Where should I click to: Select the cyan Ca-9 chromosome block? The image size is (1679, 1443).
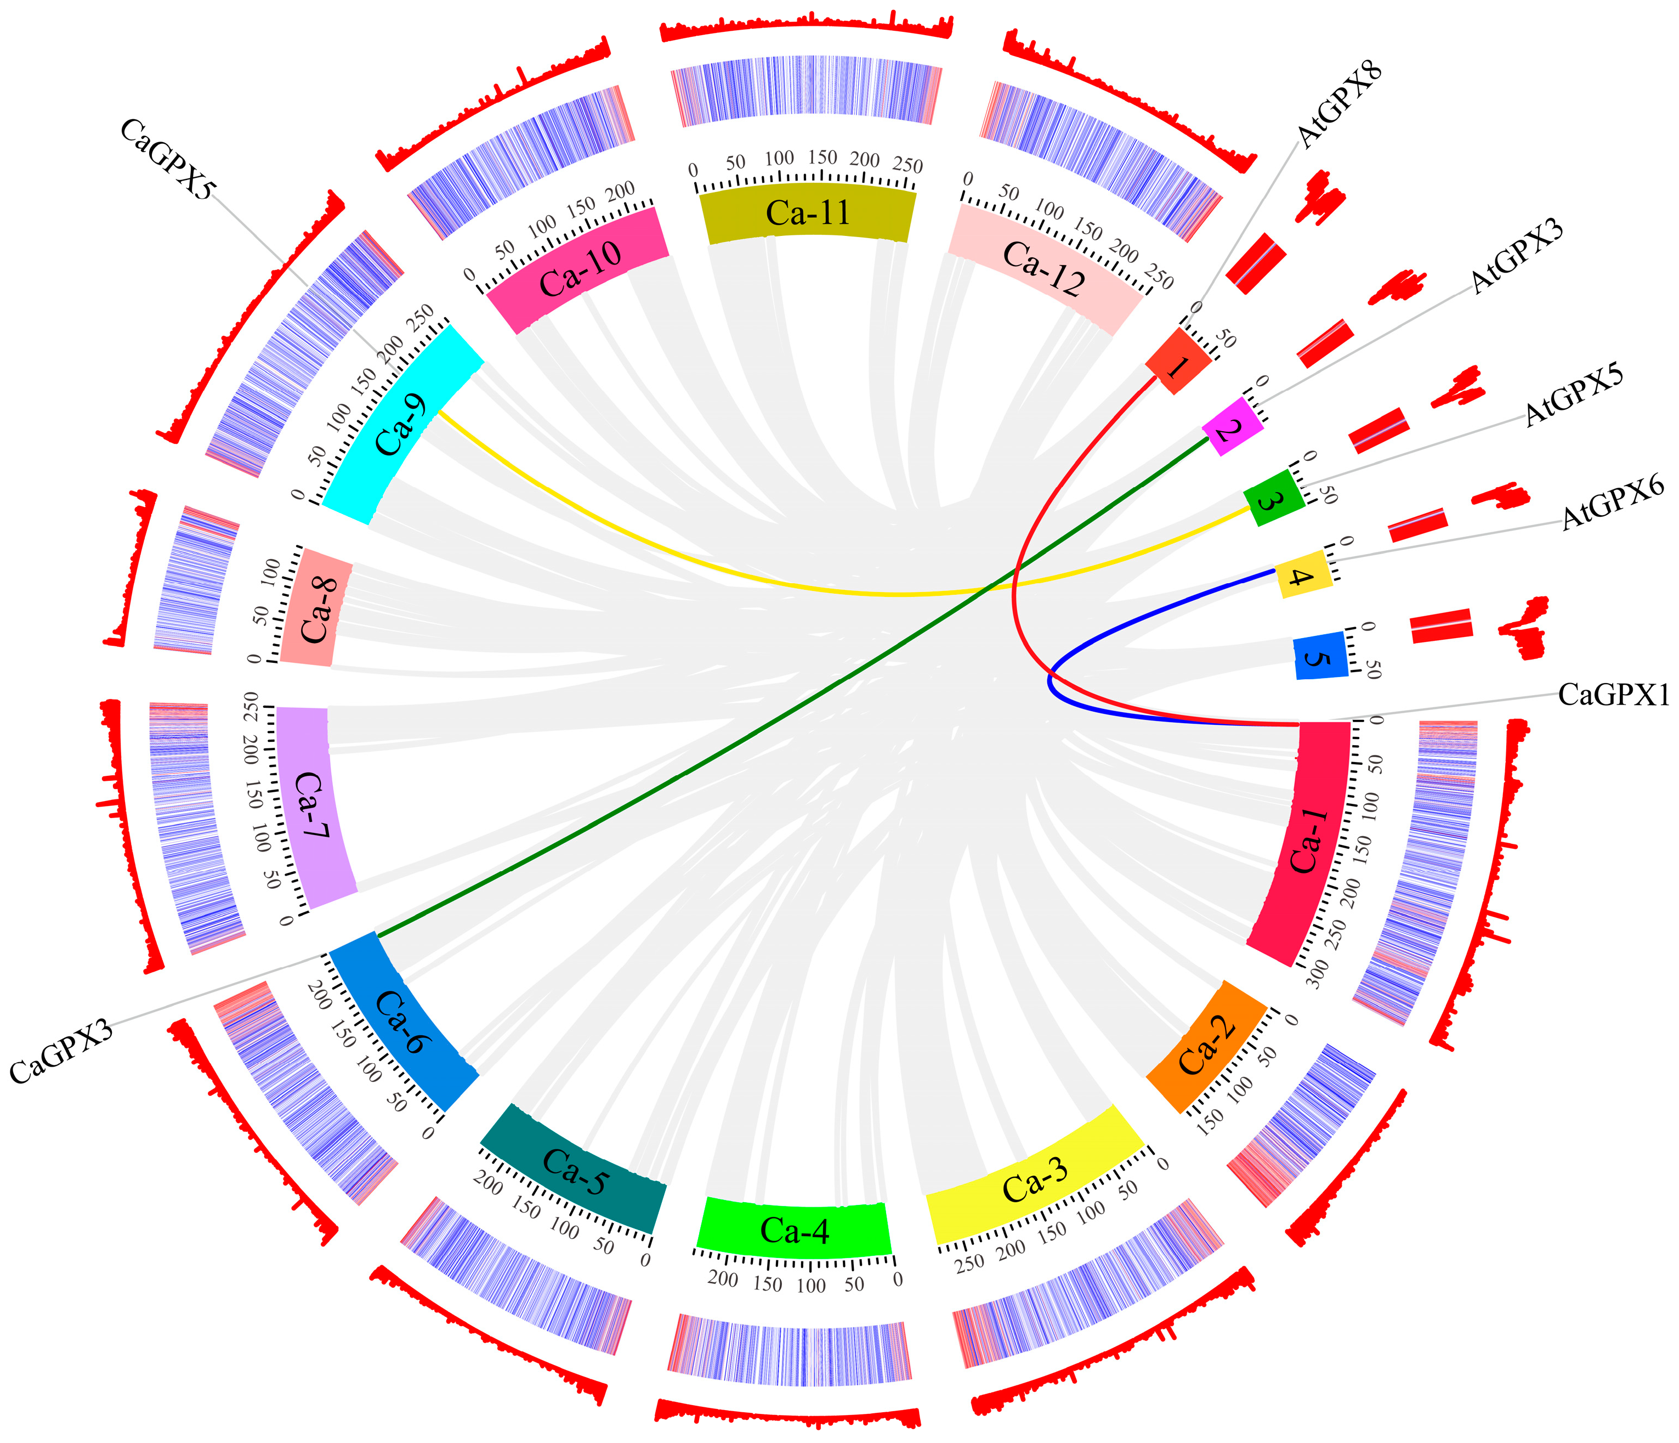click(x=402, y=426)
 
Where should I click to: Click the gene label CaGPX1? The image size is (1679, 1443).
click(x=1613, y=695)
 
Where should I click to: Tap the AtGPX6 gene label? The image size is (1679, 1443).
click(x=1613, y=504)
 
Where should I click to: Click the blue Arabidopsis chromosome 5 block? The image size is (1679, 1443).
click(x=1320, y=657)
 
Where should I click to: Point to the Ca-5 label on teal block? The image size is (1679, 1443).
click(x=574, y=1173)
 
